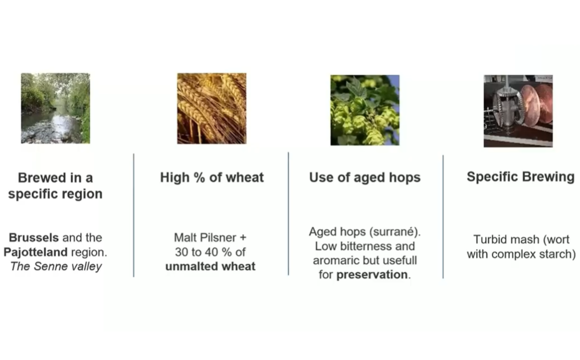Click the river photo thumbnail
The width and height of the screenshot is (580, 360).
(x=56, y=108)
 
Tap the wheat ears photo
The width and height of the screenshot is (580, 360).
(x=212, y=108)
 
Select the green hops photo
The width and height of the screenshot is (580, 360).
(x=365, y=110)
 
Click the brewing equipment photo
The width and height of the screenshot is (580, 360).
(x=518, y=111)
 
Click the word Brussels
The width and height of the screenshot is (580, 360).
(x=34, y=237)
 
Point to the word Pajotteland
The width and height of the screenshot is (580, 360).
(x=35, y=252)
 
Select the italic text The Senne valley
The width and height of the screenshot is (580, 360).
(x=56, y=266)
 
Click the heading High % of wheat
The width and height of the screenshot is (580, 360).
(x=212, y=177)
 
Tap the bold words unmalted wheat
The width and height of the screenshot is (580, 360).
(x=210, y=266)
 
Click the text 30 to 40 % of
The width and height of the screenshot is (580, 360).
(x=210, y=252)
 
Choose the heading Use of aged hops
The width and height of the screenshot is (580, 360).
(x=365, y=177)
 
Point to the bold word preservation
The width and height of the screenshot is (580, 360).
(x=372, y=275)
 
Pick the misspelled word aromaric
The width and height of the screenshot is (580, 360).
(x=336, y=260)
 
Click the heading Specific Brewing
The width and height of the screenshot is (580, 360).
(x=520, y=177)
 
